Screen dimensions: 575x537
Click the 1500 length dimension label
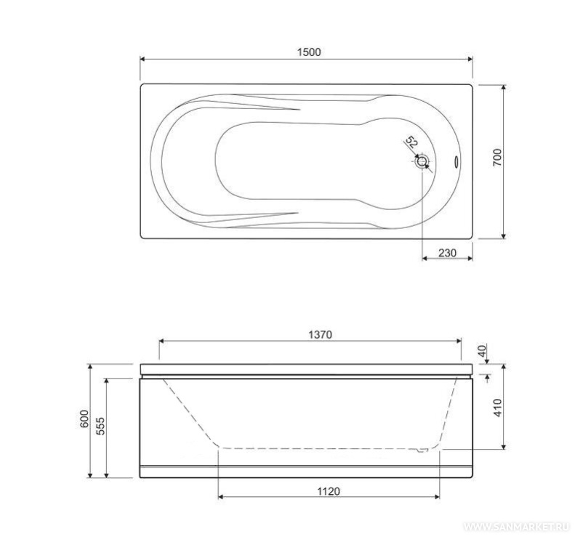point(309,52)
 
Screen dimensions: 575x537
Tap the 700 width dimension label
point(497,158)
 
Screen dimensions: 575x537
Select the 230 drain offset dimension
point(447,253)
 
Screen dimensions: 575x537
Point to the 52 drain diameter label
point(412,142)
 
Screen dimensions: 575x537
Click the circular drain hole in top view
point(422,161)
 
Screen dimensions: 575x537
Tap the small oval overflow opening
point(457,162)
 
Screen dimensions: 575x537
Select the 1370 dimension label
point(320,334)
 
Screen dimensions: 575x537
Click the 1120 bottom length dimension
point(329,490)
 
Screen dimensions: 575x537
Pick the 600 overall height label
point(84,419)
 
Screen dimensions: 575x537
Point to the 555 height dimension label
point(100,426)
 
